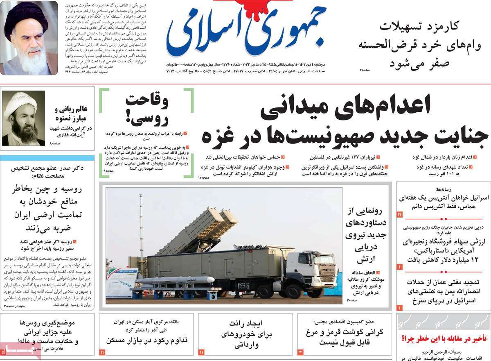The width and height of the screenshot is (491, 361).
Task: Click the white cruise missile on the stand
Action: click(x=176, y=280)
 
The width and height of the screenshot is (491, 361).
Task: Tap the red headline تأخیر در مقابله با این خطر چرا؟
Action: click(x=444, y=338)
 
